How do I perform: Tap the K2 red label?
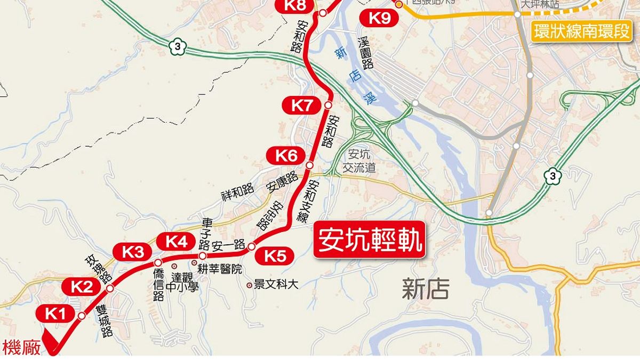pos(82,287)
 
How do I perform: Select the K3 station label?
pos(133,252)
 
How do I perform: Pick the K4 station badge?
pos(177,242)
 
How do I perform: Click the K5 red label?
pos(275,257)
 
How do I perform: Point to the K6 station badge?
pos(286,156)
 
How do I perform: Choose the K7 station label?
pos(302,105)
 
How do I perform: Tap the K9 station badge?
pos(380,18)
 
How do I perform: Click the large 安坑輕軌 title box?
pos(370,240)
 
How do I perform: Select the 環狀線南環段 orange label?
pos(582,31)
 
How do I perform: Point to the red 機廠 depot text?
pos(21,348)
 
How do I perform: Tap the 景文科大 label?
pos(276,285)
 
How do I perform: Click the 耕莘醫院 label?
pos(220,269)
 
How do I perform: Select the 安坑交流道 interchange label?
pos(361,162)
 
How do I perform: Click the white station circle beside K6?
pos(309,166)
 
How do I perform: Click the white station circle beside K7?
pos(328,106)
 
